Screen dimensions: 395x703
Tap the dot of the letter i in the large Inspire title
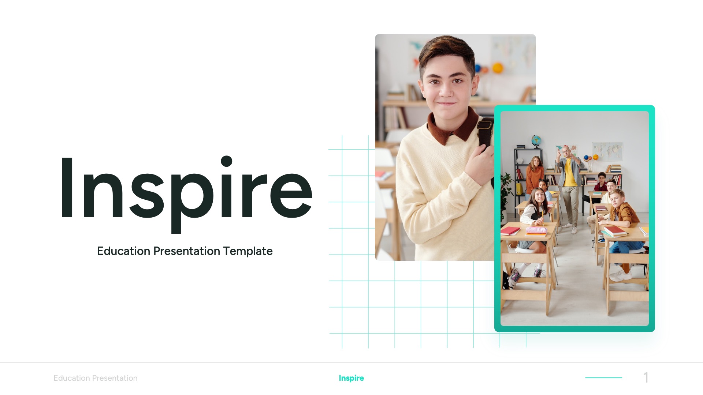click(x=227, y=161)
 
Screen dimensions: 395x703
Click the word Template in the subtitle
click(x=248, y=251)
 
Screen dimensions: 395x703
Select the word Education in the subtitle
click(x=123, y=251)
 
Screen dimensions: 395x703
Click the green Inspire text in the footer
click(x=351, y=378)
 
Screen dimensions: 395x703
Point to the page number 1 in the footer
click(x=646, y=377)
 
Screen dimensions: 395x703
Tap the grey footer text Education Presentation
click(x=96, y=378)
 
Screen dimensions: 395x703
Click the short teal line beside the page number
click(x=603, y=377)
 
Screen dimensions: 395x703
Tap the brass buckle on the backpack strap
click(x=484, y=125)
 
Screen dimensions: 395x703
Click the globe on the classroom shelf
click(x=536, y=140)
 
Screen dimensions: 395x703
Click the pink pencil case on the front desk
click(x=536, y=230)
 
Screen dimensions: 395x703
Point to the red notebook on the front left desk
click(x=510, y=231)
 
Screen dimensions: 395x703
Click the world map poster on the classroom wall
click(x=607, y=150)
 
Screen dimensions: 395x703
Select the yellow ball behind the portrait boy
click(x=498, y=68)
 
